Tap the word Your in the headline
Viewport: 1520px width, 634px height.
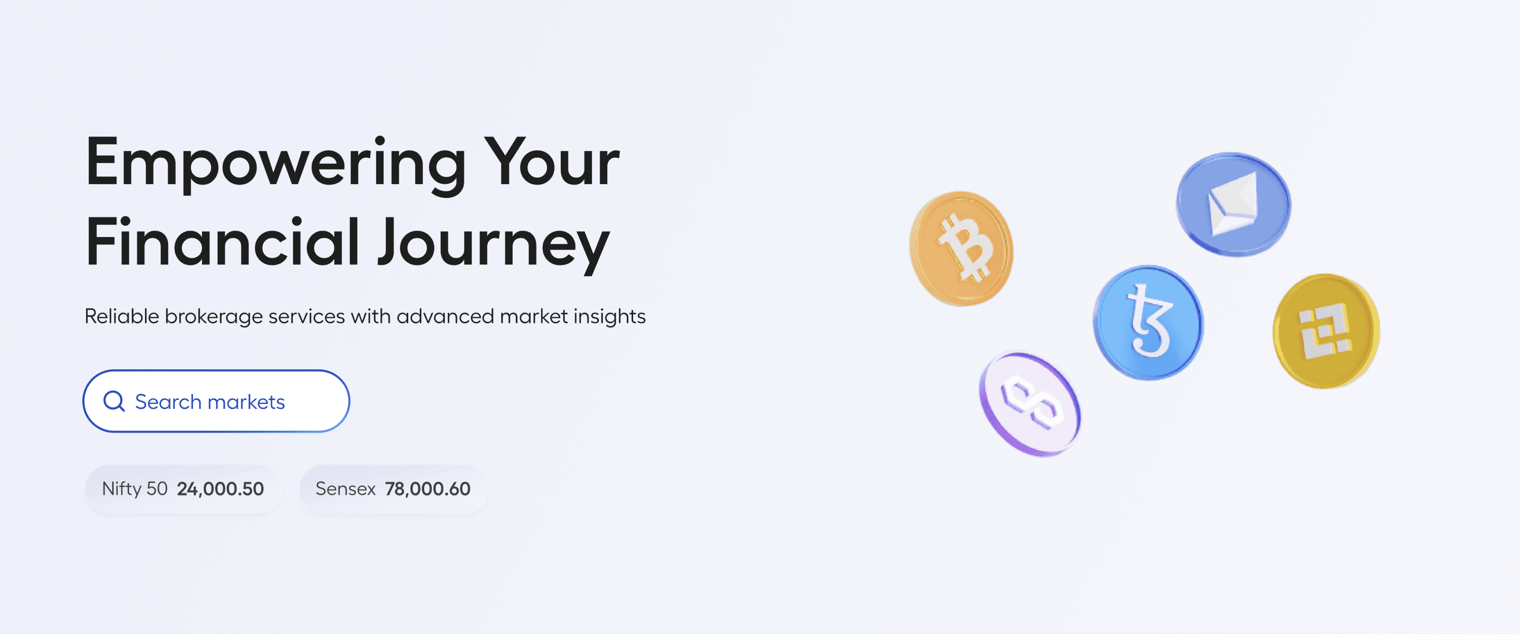coord(552,161)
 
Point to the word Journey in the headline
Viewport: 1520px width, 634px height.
coord(494,245)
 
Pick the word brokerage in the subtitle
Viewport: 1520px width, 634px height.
coord(213,317)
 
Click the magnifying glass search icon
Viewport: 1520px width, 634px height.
coord(114,401)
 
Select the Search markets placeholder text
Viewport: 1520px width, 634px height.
coord(210,402)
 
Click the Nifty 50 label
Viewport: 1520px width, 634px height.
coord(134,489)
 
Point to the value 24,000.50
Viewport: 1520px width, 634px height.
coord(221,489)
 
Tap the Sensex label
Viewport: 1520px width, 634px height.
coord(346,489)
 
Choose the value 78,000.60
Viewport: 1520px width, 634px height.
coord(428,489)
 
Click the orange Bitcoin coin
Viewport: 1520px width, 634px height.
coord(961,249)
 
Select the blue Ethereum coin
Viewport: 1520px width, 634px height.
coord(1233,204)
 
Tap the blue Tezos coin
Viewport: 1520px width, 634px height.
coord(1148,322)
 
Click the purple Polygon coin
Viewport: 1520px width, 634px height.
coord(1030,404)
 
